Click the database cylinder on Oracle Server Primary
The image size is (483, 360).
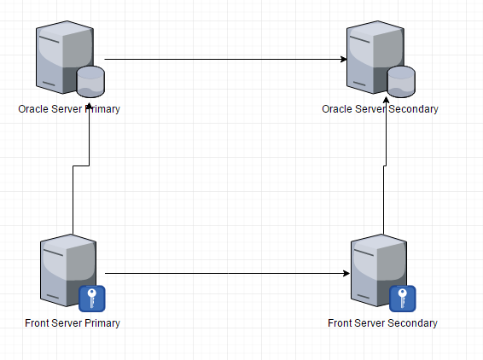pos(90,82)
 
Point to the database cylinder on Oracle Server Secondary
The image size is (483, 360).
pos(401,82)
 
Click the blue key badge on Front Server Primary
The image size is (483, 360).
pos(92,299)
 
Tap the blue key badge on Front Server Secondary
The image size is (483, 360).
pos(403,299)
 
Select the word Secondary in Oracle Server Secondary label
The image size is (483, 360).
pos(413,109)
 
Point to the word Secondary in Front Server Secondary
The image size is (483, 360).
pos(412,323)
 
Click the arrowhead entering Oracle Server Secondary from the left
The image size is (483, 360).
pos(344,59)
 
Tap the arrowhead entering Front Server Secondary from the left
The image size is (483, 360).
pos(346,273)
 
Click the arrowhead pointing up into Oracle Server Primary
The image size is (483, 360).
pos(89,107)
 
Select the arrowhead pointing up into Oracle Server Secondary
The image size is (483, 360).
pos(386,101)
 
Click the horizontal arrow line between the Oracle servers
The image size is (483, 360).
pos(226,59)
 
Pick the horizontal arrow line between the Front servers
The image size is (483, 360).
pos(227,273)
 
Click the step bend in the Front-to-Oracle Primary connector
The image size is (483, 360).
pos(81,166)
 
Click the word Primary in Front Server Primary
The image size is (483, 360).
pos(102,323)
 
